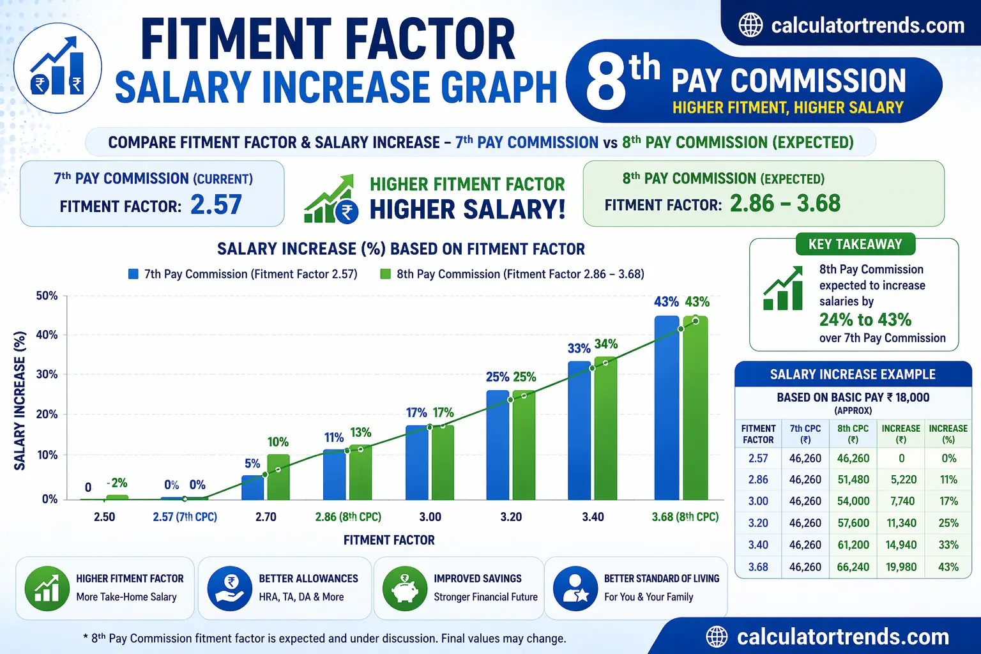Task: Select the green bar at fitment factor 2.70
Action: (278, 476)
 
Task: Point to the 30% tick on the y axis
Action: (47, 374)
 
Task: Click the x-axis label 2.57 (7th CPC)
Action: (185, 517)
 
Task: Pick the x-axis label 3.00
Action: (430, 517)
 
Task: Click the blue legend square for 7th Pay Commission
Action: (133, 274)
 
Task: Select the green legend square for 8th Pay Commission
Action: (385, 274)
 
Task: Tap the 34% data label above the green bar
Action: (606, 344)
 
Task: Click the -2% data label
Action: (117, 483)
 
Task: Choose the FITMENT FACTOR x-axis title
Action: (389, 540)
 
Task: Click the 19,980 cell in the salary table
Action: (901, 567)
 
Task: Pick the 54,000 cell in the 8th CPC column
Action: (853, 501)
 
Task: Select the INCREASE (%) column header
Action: (948, 434)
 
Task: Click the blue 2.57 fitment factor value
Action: (217, 205)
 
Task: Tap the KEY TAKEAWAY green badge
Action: (855, 245)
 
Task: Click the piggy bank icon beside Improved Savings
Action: (404, 588)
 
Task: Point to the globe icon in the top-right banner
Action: (750, 26)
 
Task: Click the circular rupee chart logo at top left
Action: (57, 68)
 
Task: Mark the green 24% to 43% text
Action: (865, 319)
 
